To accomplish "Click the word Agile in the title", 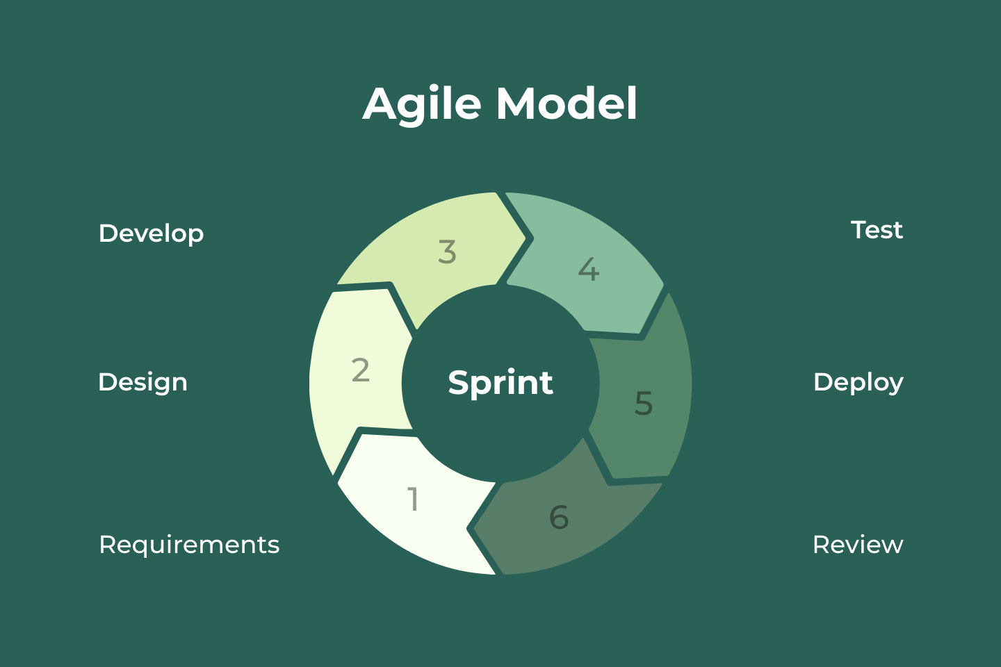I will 422,104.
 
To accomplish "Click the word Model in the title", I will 567,104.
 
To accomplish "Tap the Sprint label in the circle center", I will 500,382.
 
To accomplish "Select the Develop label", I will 151,233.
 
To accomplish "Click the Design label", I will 143,382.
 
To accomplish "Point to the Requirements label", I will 189,545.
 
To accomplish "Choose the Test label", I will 877,230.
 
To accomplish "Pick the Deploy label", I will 858,382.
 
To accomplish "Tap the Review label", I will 858,545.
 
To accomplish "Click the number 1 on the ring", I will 414,499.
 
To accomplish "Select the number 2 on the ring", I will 360,370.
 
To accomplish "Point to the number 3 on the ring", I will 447,252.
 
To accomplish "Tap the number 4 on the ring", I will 588,270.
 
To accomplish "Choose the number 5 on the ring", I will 644,403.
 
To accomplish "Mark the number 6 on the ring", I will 559,517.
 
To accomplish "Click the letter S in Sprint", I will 458,382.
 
